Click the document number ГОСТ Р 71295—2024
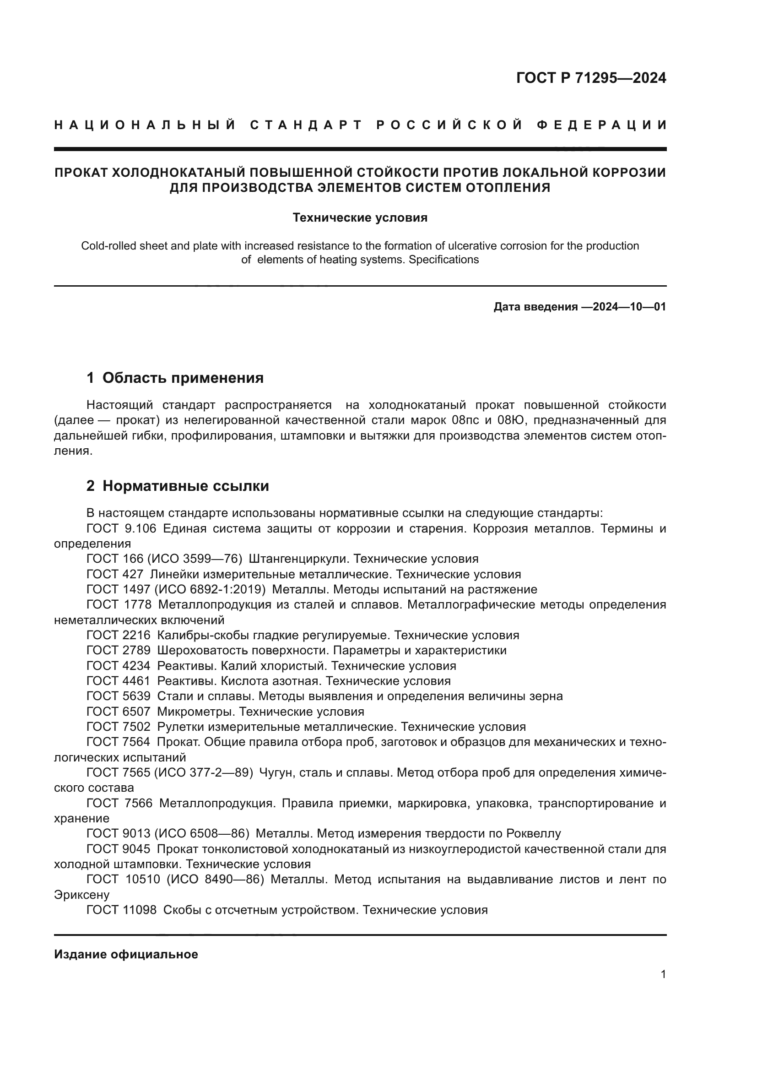[591, 78]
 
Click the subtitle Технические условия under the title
[360, 218]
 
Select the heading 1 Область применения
[175, 378]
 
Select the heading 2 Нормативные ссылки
[178, 486]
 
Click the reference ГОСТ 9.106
[121, 528]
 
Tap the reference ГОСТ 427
[115, 574]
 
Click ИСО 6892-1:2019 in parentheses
[210, 590]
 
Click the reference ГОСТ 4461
[119, 681]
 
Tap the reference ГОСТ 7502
[119, 727]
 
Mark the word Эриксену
[82, 895]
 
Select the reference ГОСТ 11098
[121, 910]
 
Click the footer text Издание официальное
[126, 954]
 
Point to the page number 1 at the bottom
[663, 974]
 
